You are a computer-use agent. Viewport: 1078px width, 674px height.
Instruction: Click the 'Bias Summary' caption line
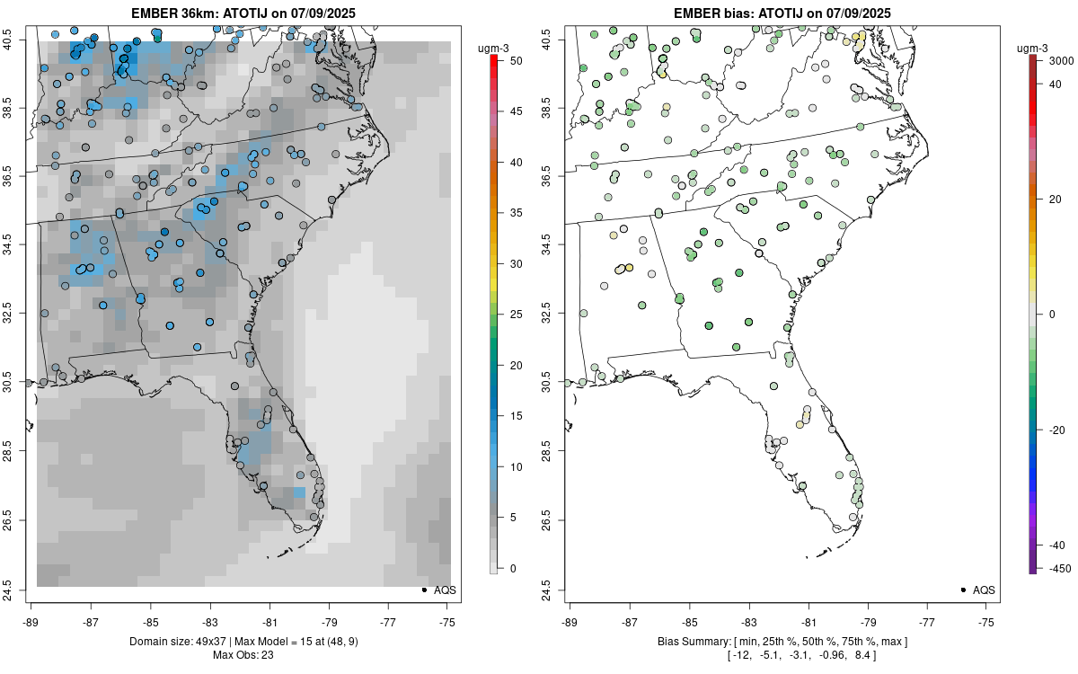(x=782, y=641)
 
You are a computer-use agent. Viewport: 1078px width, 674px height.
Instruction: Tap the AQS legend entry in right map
(x=978, y=590)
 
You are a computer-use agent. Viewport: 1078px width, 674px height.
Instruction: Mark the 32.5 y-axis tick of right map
(x=554, y=314)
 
